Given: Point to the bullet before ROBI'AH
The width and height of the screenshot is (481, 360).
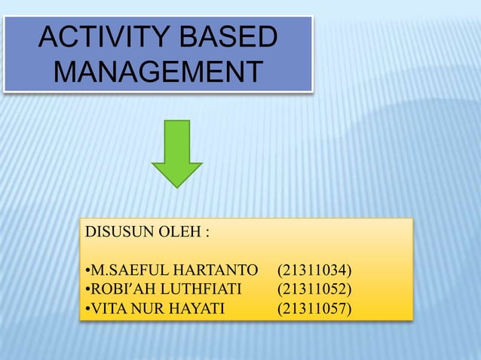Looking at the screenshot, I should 87,289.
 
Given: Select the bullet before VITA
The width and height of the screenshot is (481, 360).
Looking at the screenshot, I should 87,308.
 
